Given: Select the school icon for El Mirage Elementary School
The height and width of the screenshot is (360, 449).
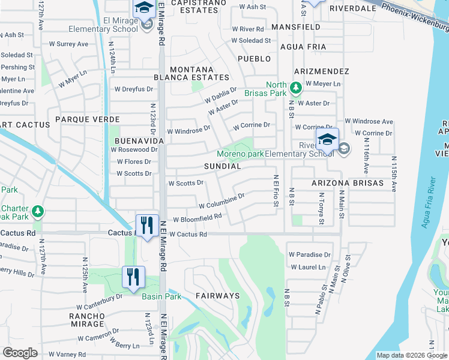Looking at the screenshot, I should (x=144, y=8).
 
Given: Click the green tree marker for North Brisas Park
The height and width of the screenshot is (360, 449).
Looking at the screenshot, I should (x=295, y=88).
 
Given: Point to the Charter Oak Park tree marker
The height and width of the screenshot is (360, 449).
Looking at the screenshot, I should (x=37, y=211).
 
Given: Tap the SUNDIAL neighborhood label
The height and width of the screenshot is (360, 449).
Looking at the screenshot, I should (x=222, y=166).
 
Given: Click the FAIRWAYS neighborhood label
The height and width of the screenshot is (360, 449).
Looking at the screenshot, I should (x=217, y=296).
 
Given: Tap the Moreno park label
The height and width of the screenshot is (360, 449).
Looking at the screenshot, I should (x=240, y=154).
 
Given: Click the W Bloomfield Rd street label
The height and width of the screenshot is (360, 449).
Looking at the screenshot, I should (x=197, y=218).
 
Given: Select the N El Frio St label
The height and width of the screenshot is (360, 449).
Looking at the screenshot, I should (x=276, y=191).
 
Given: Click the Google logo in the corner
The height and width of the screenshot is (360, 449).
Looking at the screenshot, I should (x=20, y=353).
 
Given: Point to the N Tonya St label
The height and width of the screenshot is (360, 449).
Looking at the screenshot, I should (x=322, y=208).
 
